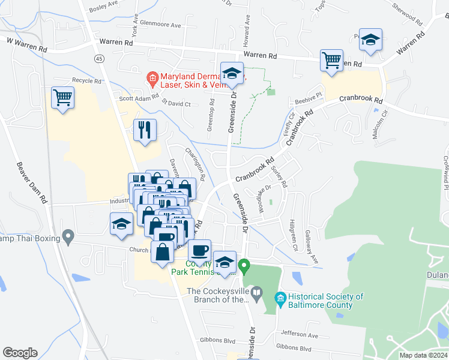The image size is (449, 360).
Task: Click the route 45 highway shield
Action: click(x=98, y=58)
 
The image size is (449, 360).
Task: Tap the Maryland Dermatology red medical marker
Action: click(x=152, y=78)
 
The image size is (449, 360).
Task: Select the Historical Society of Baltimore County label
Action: click(x=325, y=301)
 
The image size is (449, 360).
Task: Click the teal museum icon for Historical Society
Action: click(x=279, y=298)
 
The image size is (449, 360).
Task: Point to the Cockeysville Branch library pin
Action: click(x=257, y=293)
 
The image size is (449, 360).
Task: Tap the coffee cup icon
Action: click(x=199, y=249)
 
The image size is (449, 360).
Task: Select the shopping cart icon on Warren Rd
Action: click(x=331, y=59)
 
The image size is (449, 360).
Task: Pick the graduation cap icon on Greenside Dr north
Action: click(x=231, y=73)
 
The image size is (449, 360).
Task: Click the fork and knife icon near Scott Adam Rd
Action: click(x=145, y=130)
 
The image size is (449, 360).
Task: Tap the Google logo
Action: click(x=20, y=352)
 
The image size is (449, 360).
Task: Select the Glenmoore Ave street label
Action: click(x=159, y=25)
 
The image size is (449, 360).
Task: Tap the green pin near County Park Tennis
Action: click(x=244, y=265)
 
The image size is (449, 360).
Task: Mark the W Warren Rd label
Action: click(x=26, y=43)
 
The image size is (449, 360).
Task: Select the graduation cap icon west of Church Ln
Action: click(x=121, y=223)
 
